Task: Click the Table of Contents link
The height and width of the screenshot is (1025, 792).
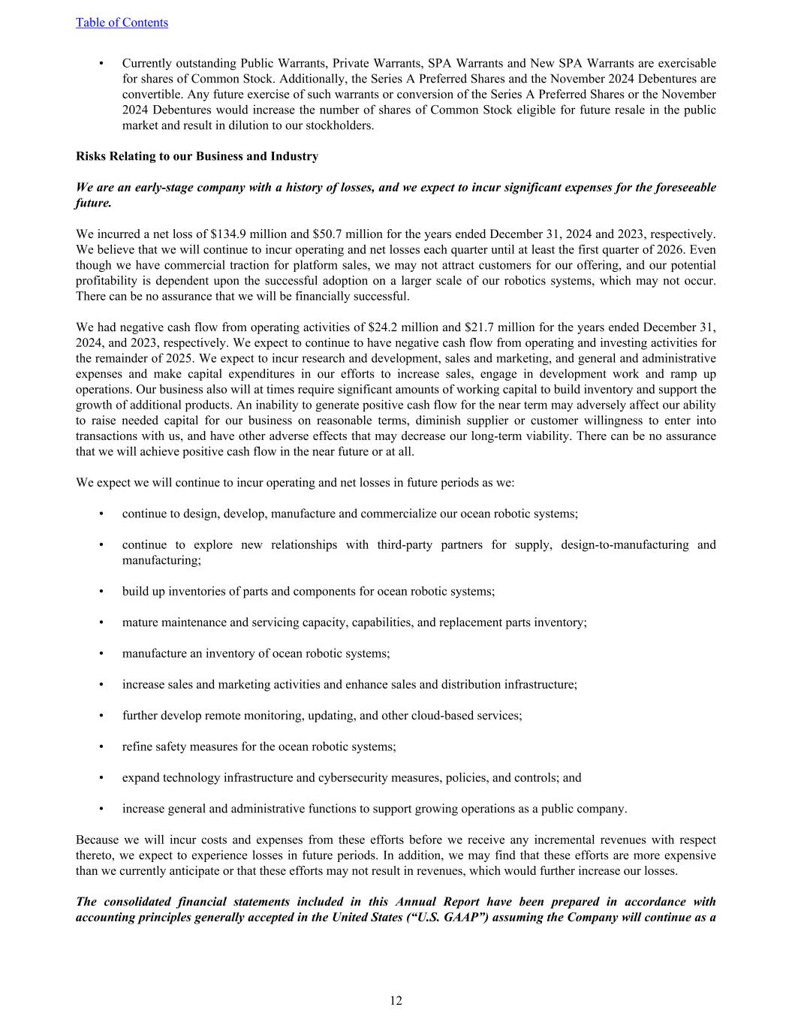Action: [122, 23]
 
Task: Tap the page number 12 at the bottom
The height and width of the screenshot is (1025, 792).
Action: [396, 1000]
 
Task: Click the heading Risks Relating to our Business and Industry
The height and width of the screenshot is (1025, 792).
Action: [197, 156]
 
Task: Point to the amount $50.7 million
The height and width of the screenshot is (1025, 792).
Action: [293, 234]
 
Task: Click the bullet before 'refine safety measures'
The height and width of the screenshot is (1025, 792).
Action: [101, 746]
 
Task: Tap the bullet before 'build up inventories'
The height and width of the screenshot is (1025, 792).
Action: [101, 592]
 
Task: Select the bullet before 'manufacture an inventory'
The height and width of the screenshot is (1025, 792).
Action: [101, 653]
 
